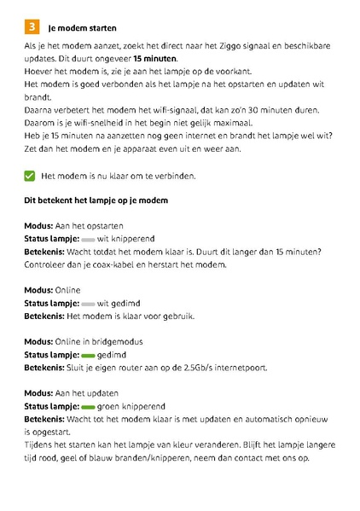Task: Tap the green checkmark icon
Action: (30, 176)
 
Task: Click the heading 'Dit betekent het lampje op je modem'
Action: (96, 200)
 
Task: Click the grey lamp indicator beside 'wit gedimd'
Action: (88, 304)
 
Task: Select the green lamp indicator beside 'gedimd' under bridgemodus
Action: (88, 354)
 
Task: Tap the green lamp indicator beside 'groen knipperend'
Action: (88, 407)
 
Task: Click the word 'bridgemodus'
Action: (118, 341)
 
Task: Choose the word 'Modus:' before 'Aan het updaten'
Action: (39, 393)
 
